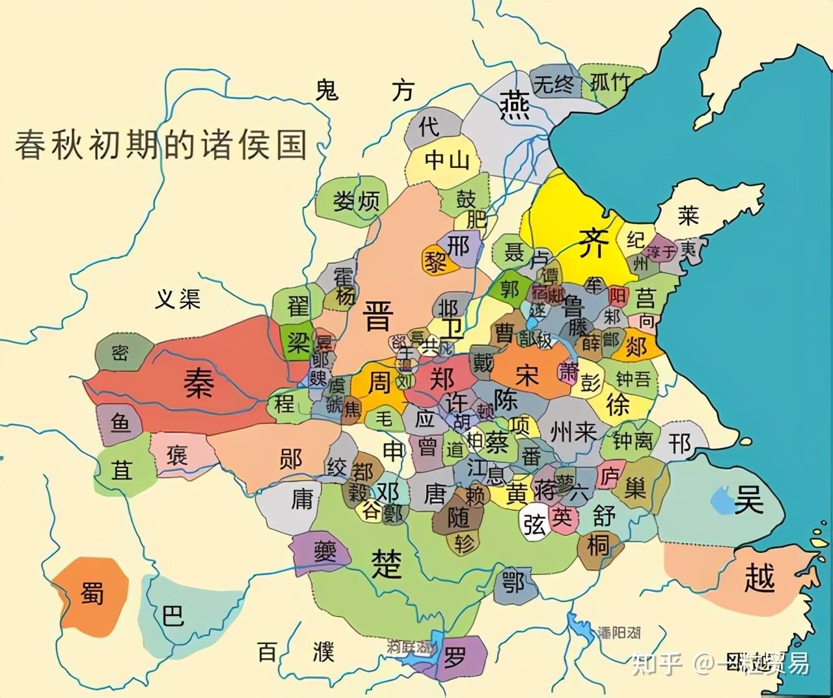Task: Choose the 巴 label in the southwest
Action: coord(173,614)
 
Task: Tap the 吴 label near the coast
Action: coord(748,500)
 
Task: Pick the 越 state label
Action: coord(759,578)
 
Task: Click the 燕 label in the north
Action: coord(514,104)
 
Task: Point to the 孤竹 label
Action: coord(610,83)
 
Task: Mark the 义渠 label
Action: coord(178,299)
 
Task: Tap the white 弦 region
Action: coord(534,523)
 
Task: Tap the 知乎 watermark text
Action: coord(657,663)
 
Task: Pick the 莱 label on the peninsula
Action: coord(688,216)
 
